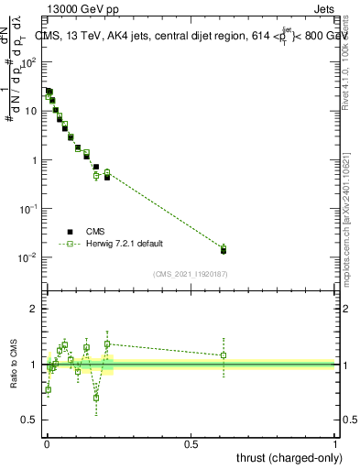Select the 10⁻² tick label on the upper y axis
point(29,257)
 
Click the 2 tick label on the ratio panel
point(35,310)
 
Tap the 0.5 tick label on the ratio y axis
point(31,420)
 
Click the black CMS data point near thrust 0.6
point(224,250)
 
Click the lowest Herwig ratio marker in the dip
point(96,398)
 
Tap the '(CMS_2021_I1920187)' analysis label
point(191,273)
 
